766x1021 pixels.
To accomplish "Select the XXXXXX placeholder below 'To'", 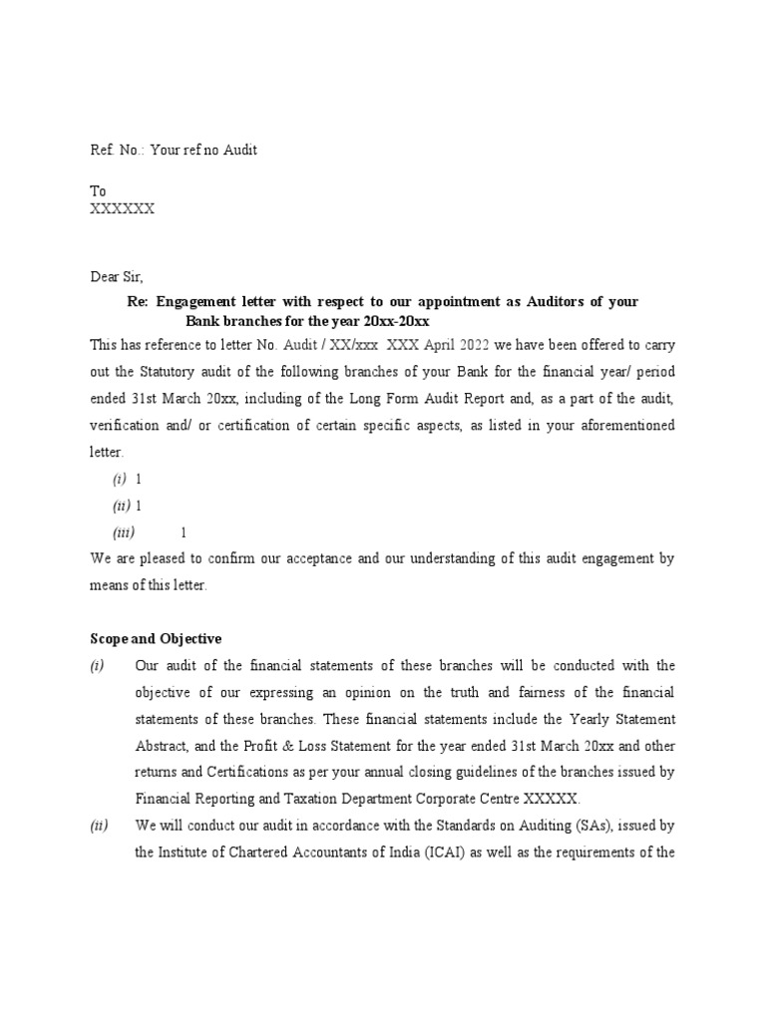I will coord(123,208).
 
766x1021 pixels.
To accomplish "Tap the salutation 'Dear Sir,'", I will coord(117,276).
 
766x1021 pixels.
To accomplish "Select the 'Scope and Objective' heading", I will coord(156,638).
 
